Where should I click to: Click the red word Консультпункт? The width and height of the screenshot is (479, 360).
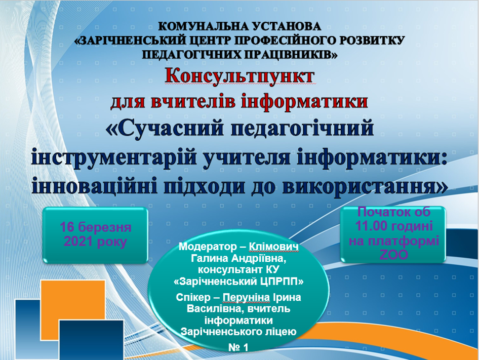pos(239,77)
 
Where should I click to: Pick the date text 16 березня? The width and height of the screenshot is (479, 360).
pos(96,227)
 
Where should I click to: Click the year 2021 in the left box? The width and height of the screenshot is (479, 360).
pos(78,242)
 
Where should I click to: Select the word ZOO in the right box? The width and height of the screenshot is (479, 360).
pos(394,255)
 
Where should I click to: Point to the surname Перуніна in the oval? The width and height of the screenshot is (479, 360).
pos(246,298)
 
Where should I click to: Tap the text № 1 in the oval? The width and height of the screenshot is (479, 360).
pos(238,347)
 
